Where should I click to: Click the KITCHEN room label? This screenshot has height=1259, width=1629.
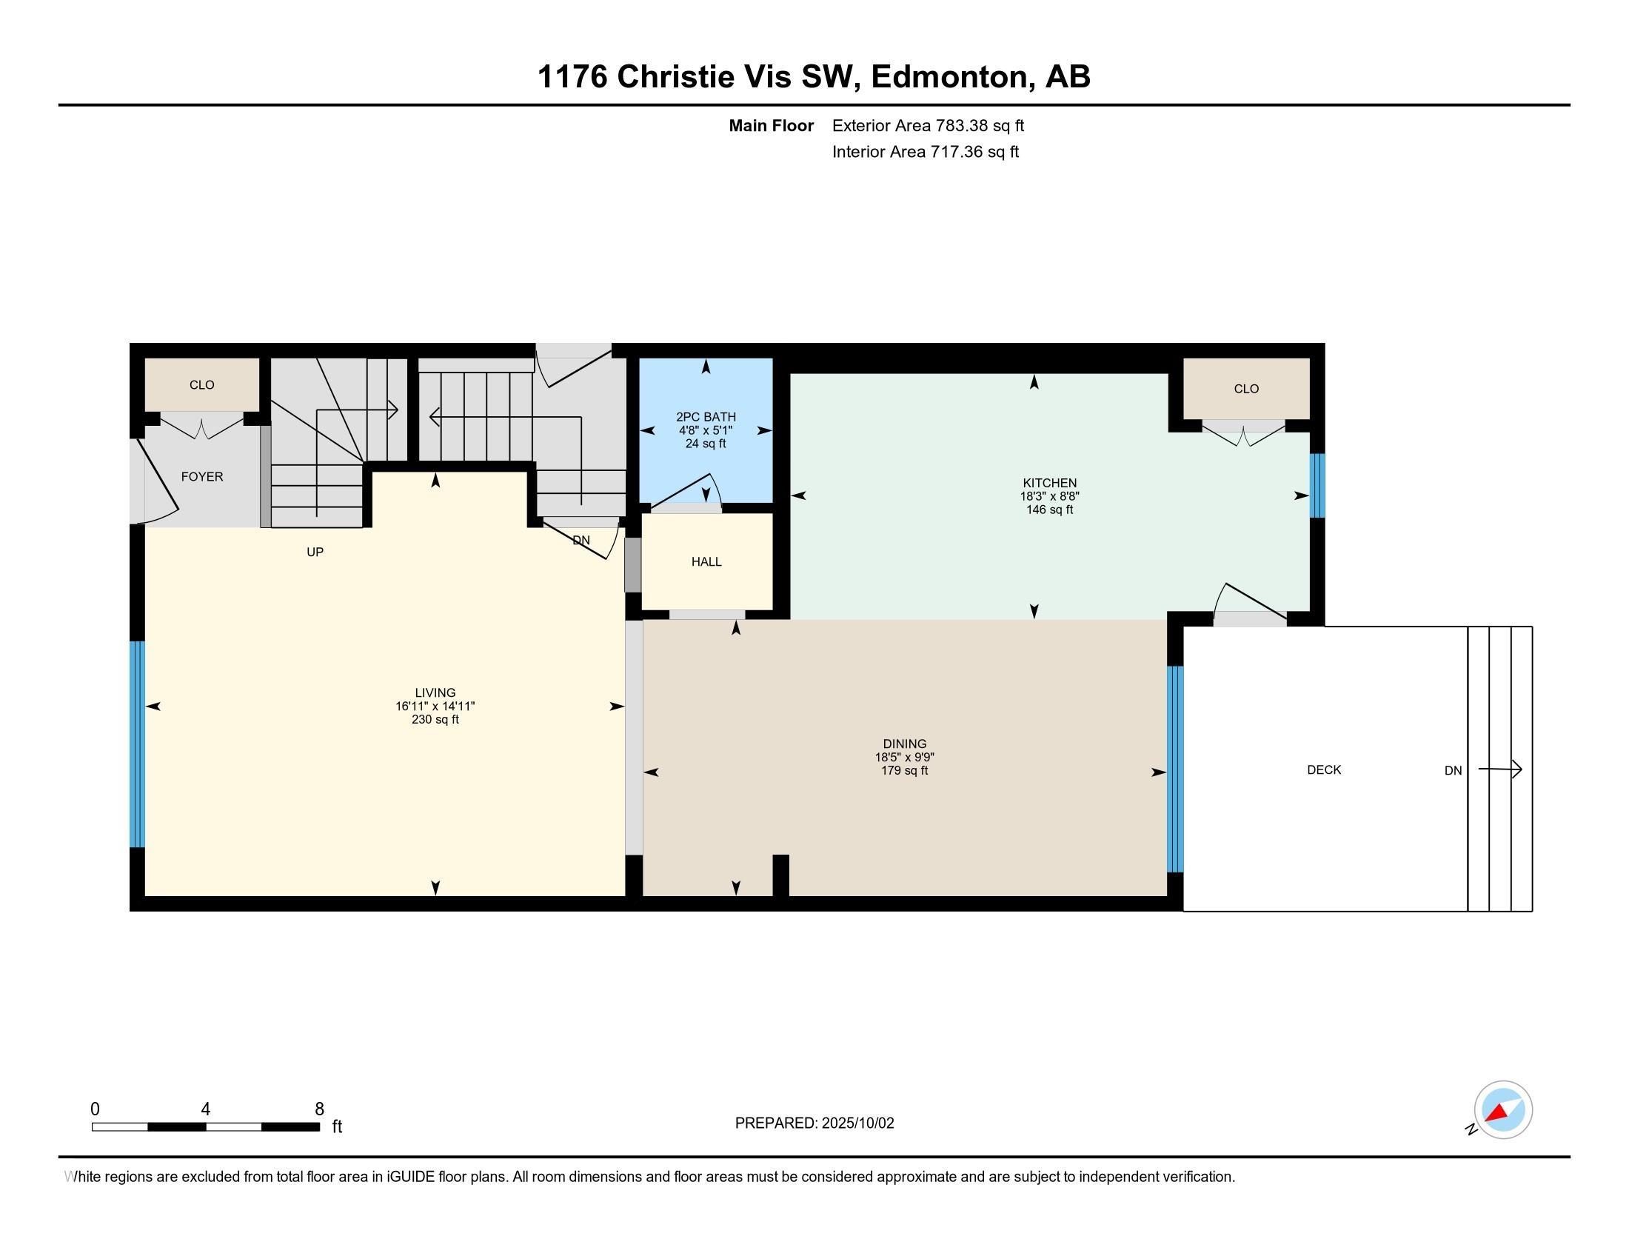[x=1049, y=483]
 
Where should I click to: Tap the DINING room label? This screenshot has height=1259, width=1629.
[x=905, y=744]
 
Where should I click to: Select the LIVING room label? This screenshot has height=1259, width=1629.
[x=435, y=693]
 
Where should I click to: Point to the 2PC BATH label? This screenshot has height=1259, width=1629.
[x=706, y=417]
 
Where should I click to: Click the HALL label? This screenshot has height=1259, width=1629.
[x=706, y=561]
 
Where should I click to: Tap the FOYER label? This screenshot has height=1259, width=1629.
[x=202, y=477]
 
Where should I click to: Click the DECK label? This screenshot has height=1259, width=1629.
[x=1324, y=769]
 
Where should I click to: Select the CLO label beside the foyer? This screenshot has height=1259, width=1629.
[x=202, y=385]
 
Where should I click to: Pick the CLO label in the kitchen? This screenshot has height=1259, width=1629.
[x=1246, y=389]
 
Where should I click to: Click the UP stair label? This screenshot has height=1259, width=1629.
[x=315, y=552]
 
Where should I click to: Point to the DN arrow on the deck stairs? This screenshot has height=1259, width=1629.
[x=1500, y=769]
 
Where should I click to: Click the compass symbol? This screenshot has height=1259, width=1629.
[x=1502, y=1109]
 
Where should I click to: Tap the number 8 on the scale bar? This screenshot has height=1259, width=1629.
[x=319, y=1109]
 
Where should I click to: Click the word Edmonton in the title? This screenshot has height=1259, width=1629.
[x=949, y=77]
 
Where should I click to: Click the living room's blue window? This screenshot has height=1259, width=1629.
[x=137, y=744]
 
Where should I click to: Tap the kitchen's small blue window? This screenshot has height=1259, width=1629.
[x=1317, y=486]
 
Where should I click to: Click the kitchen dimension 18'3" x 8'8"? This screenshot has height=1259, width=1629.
[x=1049, y=496]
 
